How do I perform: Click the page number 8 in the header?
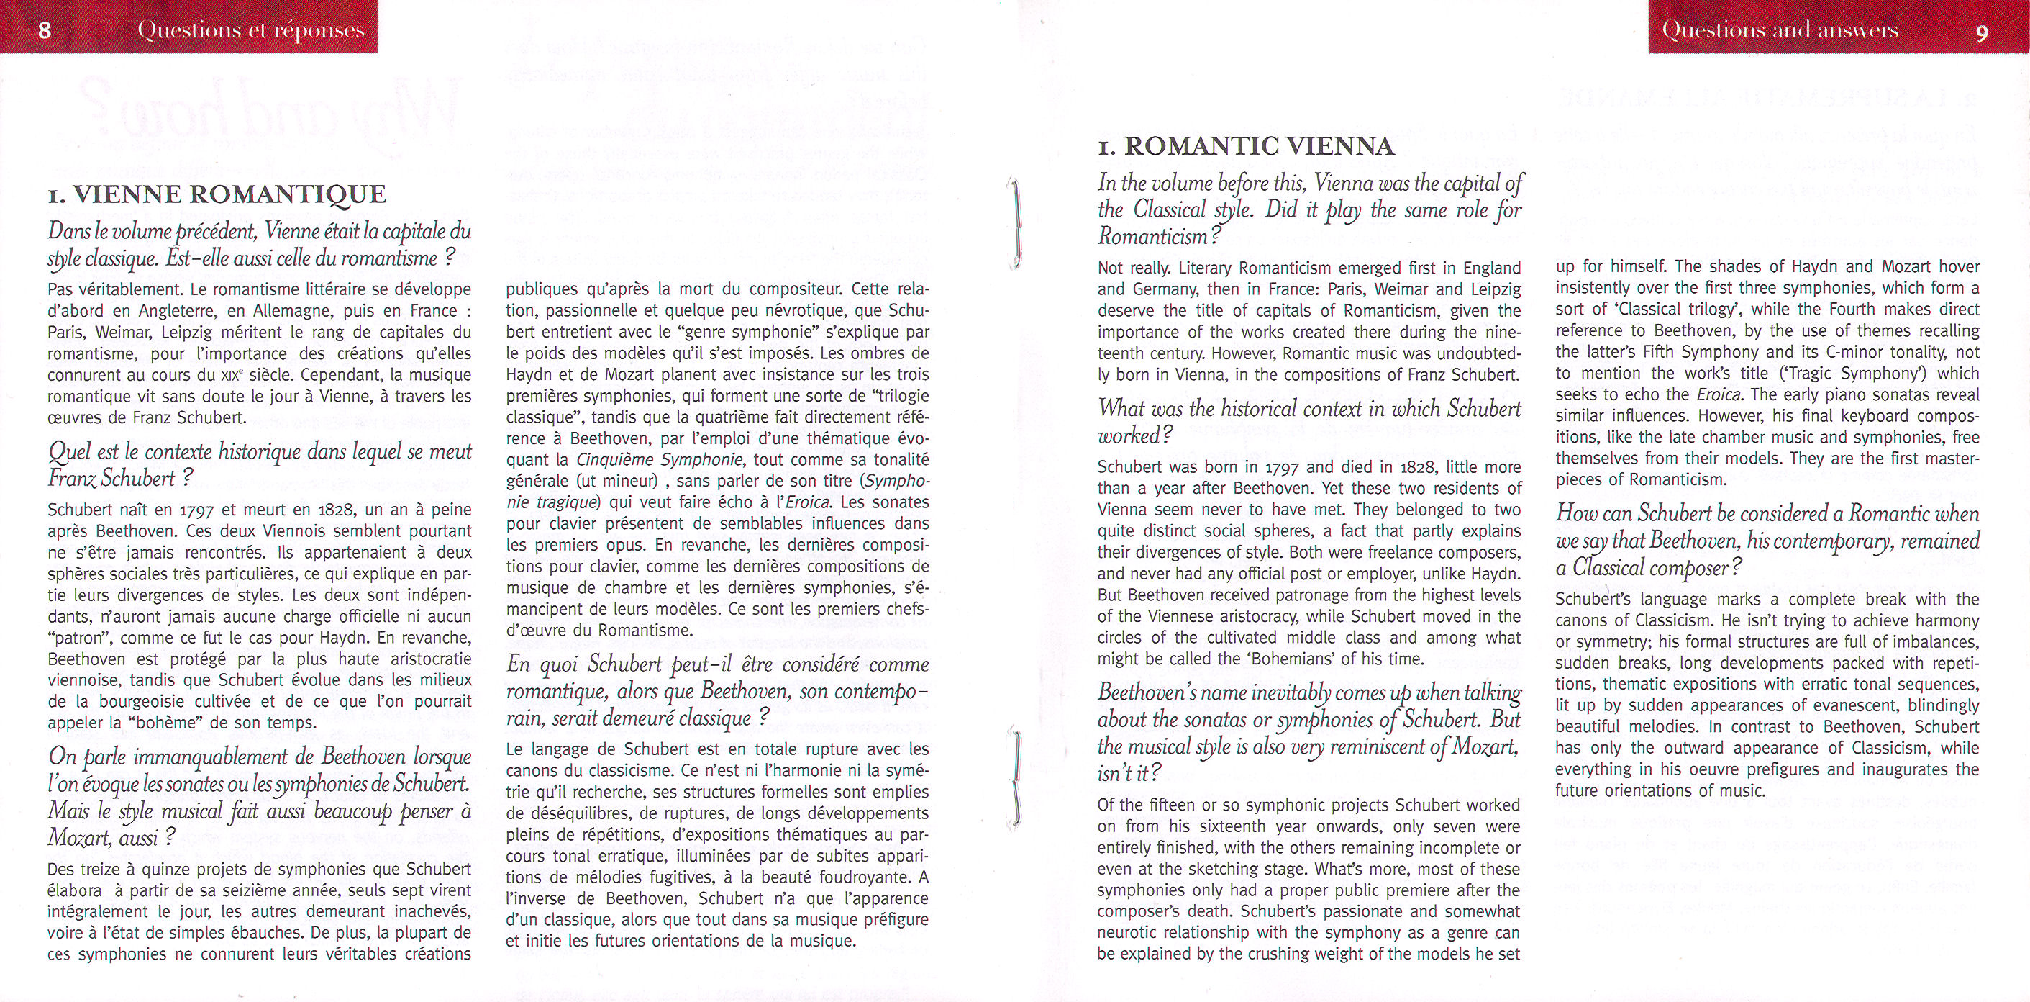[x=44, y=32]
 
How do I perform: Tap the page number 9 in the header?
[x=1982, y=32]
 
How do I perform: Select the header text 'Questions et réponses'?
[x=250, y=31]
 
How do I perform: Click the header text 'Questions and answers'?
[x=1780, y=30]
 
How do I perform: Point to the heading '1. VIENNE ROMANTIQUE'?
[x=217, y=194]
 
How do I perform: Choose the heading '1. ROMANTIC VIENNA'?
[x=1246, y=147]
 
